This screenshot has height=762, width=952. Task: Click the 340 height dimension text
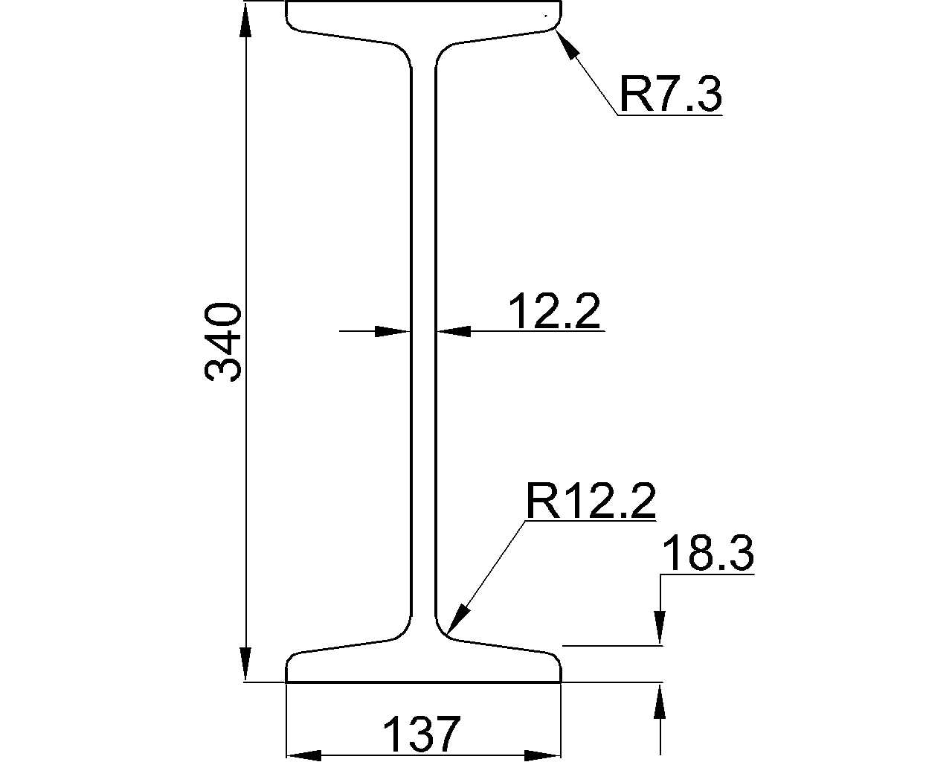point(223,342)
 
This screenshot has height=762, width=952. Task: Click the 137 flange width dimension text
point(422,735)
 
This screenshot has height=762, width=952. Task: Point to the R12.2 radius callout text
point(591,502)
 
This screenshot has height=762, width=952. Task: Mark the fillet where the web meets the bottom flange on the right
point(442,630)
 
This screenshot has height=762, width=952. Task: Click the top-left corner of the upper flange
point(287,4)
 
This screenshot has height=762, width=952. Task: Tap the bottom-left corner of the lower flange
point(287,680)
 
